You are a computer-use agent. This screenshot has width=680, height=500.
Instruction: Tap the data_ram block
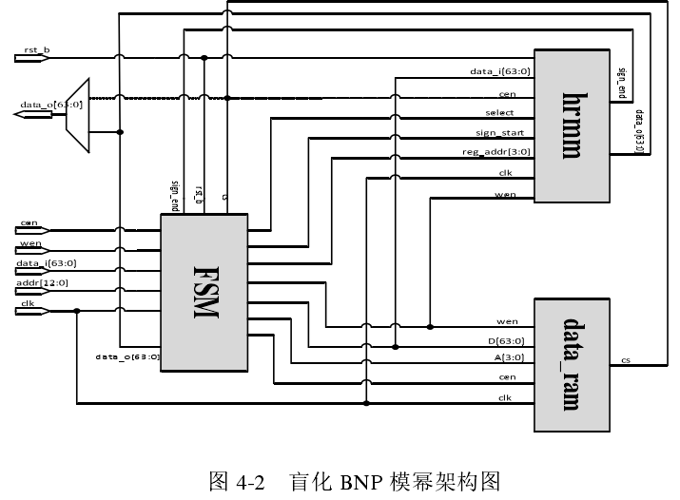(x=571, y=364)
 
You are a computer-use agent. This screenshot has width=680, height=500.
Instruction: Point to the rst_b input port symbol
(x=29, y=58)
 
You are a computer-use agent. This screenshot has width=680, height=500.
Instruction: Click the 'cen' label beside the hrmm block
(x=507, y=94)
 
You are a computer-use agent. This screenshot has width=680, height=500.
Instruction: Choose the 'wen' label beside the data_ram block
(x=507, y=322)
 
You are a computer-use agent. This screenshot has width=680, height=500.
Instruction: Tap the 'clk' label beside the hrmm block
(x=505, y=172)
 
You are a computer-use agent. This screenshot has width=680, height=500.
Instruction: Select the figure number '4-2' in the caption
(x=249, y=481)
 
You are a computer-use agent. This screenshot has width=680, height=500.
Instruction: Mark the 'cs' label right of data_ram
(x=625, y=359)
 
